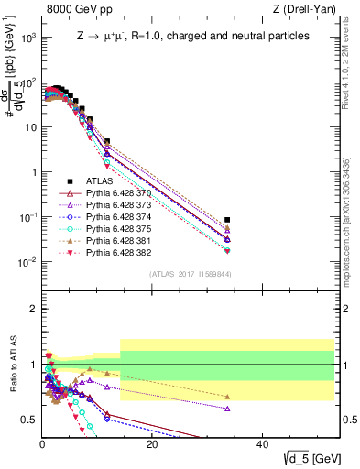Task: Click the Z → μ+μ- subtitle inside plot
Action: [192, 36]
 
